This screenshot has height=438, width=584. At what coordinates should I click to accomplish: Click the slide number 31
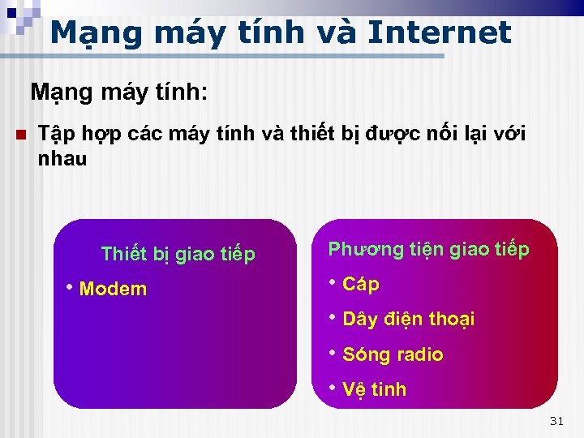(556, 420)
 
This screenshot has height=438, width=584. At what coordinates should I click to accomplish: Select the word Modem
(114, 289)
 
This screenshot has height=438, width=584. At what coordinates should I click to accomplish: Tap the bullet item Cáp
(361, 284)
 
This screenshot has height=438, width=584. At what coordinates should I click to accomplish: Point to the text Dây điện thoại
(409, 319)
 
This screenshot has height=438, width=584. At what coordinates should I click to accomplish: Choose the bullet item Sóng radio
(393, 354)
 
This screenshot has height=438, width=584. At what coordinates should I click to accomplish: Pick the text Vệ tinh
(374, 389)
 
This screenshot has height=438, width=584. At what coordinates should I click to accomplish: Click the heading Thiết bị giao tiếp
(178, 255)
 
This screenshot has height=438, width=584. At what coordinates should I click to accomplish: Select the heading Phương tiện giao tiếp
(428, 249)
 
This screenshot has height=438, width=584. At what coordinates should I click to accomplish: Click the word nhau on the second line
(62, 159)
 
